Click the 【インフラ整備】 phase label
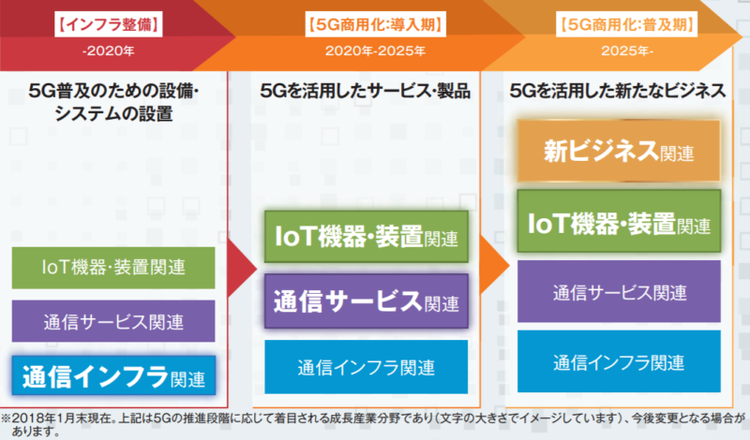109,24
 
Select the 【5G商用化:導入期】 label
376,24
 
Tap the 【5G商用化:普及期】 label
626,24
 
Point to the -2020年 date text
109,51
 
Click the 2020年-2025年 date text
376,51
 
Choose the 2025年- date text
626,51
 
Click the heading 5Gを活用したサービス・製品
365,91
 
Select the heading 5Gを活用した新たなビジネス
618,91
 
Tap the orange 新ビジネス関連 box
619,151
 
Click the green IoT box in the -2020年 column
113,268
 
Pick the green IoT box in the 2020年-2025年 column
367,237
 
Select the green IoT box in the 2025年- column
619,221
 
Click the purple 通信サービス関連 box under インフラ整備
113,321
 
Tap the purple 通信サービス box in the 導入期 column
367,301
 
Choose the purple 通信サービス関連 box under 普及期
619,291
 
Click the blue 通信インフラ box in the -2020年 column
113,375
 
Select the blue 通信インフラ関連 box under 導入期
367,367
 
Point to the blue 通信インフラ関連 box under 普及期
619,361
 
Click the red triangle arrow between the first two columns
240,268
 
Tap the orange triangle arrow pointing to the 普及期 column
493,264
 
